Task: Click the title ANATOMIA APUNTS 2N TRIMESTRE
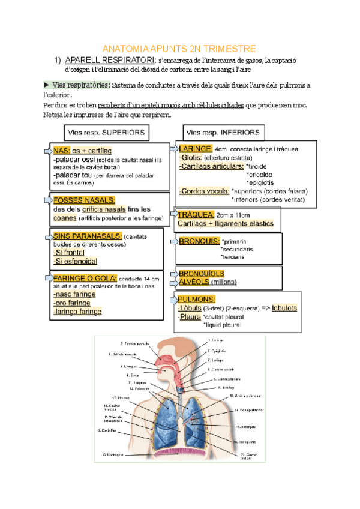pos(179,49)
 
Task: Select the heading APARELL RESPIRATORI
pos(109,60)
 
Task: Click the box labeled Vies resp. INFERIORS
pos(223,132)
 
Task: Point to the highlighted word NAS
pos(61,150)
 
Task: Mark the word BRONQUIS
pos(199,241)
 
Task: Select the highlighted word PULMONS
pos(197,299)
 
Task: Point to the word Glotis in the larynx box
pos(191,157)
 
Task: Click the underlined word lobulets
pos(284,308)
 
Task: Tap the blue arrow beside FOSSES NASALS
pos(47,199)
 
